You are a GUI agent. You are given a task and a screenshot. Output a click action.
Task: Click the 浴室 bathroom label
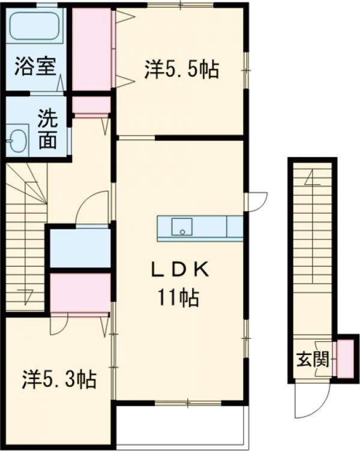tap(35, 67)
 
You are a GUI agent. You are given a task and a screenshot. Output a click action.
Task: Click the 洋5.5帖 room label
tap(182, 70)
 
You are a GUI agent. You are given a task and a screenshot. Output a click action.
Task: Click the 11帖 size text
tap(178, 297)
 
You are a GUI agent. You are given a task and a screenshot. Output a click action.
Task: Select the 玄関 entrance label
tap(313, 359)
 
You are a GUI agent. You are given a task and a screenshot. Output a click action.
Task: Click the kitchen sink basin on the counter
tap(182, 227)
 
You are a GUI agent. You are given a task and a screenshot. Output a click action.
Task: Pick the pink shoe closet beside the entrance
tap(346, 359)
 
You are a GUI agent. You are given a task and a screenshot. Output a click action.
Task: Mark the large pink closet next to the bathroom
tap(92, 49)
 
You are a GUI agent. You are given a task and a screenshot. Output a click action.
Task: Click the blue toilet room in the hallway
tap(80, 248)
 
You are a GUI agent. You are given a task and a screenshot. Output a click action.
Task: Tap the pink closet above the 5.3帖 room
tap(80, 293)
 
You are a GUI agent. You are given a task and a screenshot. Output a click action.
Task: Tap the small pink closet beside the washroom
tap(91, 105)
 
